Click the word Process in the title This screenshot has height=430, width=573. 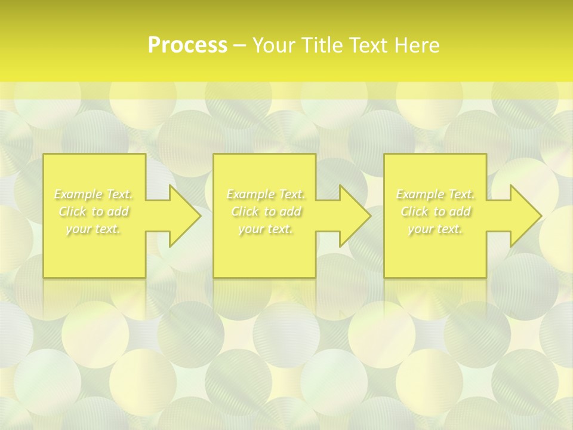pyautogui.click(x=187, y=45)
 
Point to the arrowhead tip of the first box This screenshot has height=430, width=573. pyautogui.click(x=201, y=216)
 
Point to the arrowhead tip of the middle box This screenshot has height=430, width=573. pyautogui.click(x=371, y=216)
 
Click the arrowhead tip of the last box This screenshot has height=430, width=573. pyautogui.click(x=541, y=216)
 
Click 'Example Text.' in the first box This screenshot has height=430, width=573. pyautogui.click(x=94, y=194)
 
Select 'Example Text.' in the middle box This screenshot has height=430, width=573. pyautogui.click(x=266, y=194)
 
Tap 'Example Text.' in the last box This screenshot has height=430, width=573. pyautogui.click(x=435, y=194)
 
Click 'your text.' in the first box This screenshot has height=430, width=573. pyautogui.click(x=94, y=229)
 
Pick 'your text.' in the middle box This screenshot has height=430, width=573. pyautogui.click(x=266, y=229)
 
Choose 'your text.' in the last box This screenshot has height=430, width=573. pyautogui.click(x=435, y=229)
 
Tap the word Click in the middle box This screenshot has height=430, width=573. pyautogui.click(x=245, y=211)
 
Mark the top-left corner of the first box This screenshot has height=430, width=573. pyautogui.click(x=44, y=154)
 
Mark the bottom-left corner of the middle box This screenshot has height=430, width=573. pyautogui.click(x=214, y=277)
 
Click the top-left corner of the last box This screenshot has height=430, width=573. pyautogui.click(x=384, y=154)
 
